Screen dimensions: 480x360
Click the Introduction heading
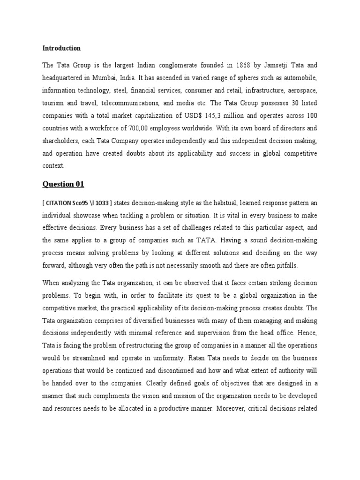click(61, 48)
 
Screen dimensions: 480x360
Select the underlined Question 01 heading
click(63, 184)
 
